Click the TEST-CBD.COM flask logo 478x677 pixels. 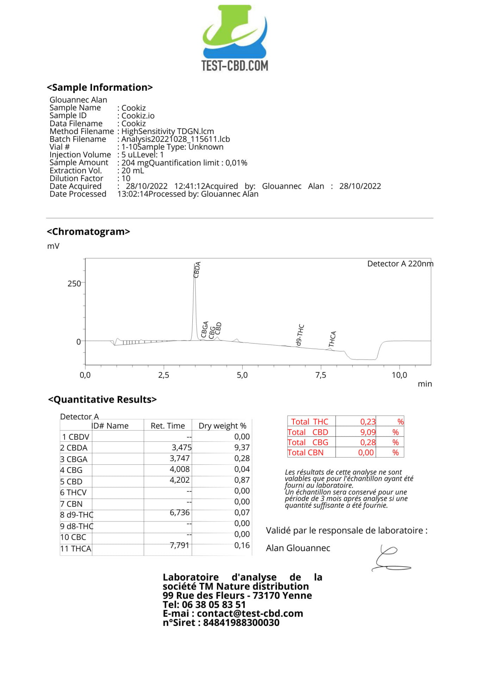[235, 37]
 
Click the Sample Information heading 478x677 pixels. [100, 87]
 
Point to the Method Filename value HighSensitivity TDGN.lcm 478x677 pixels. [168, 131]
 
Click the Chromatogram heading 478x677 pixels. [88, 232]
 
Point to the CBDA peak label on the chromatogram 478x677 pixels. [197, 270]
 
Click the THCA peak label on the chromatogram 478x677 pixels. [332, 339]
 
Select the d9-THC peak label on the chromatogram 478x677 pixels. [300, 335]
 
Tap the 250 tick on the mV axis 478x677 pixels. [74, 283]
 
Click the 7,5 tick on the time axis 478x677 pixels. [321, 375]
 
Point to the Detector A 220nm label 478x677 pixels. [400, 264]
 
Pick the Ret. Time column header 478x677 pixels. [168, 426]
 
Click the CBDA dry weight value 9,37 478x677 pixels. [242, 447]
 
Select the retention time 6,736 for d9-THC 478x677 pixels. [180, 512]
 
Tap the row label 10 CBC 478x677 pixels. [73, 537]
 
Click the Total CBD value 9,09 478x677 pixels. [368, 432]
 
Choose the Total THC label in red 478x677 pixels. [310, 422]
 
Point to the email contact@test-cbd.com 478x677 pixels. [250, 613]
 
